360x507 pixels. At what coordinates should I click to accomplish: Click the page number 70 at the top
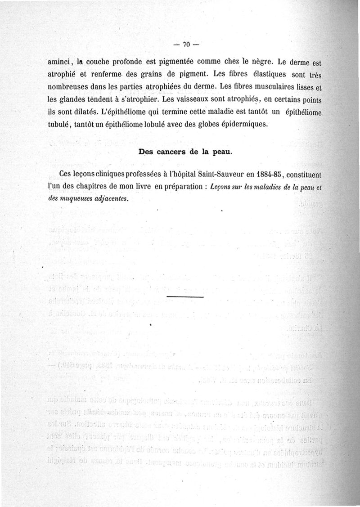(186, 44)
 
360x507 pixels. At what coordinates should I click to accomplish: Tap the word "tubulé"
(61, 123)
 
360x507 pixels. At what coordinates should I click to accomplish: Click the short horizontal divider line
(185, 298)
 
